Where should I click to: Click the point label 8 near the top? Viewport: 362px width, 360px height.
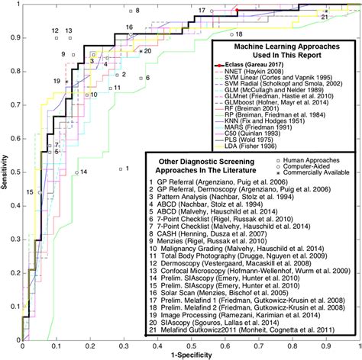point(137,11)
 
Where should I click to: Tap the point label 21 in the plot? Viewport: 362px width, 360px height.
point(325,15)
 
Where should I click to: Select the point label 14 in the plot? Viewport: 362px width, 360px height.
point(84,171)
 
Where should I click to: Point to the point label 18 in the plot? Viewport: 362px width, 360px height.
point(239,34)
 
